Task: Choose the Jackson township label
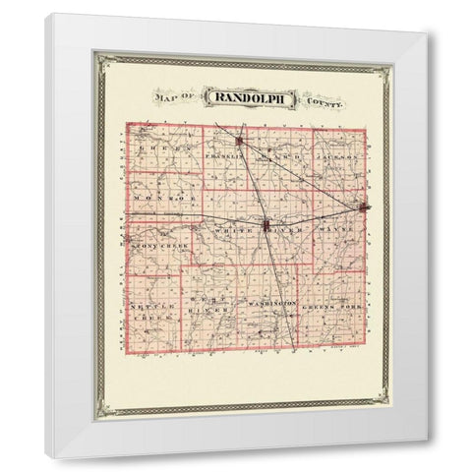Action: [x=339, y=156]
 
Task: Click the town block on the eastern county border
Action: [x=365, y=207]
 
